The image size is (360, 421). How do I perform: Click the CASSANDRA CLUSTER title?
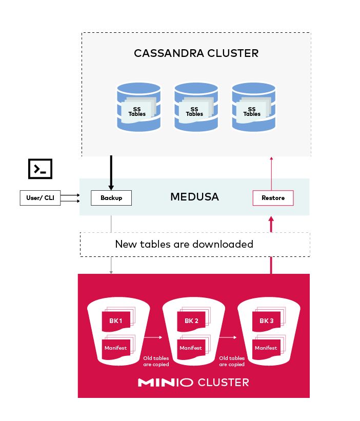point(196,53)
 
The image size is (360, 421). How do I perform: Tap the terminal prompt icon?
point(40,168)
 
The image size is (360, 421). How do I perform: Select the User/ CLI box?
point(40,198)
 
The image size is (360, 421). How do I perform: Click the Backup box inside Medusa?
point(111,198)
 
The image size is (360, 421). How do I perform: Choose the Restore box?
point(273,198)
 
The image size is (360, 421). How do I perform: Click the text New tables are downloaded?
point(184,244)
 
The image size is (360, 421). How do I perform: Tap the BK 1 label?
point(115,321)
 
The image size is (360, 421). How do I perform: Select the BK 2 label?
point(191,321)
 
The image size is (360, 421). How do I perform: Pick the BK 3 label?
point(266,321)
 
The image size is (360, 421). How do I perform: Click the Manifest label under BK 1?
point(115,348)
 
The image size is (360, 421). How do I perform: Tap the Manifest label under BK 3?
point(266,348)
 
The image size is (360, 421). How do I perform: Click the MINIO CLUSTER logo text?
point(193,382)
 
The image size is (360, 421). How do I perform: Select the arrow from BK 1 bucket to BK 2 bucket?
point(152,337)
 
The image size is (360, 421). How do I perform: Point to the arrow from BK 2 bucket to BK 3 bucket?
point(228,337)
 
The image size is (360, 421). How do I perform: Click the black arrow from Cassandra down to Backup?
point(111,172)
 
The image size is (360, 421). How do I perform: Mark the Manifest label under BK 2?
point(191,348)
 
